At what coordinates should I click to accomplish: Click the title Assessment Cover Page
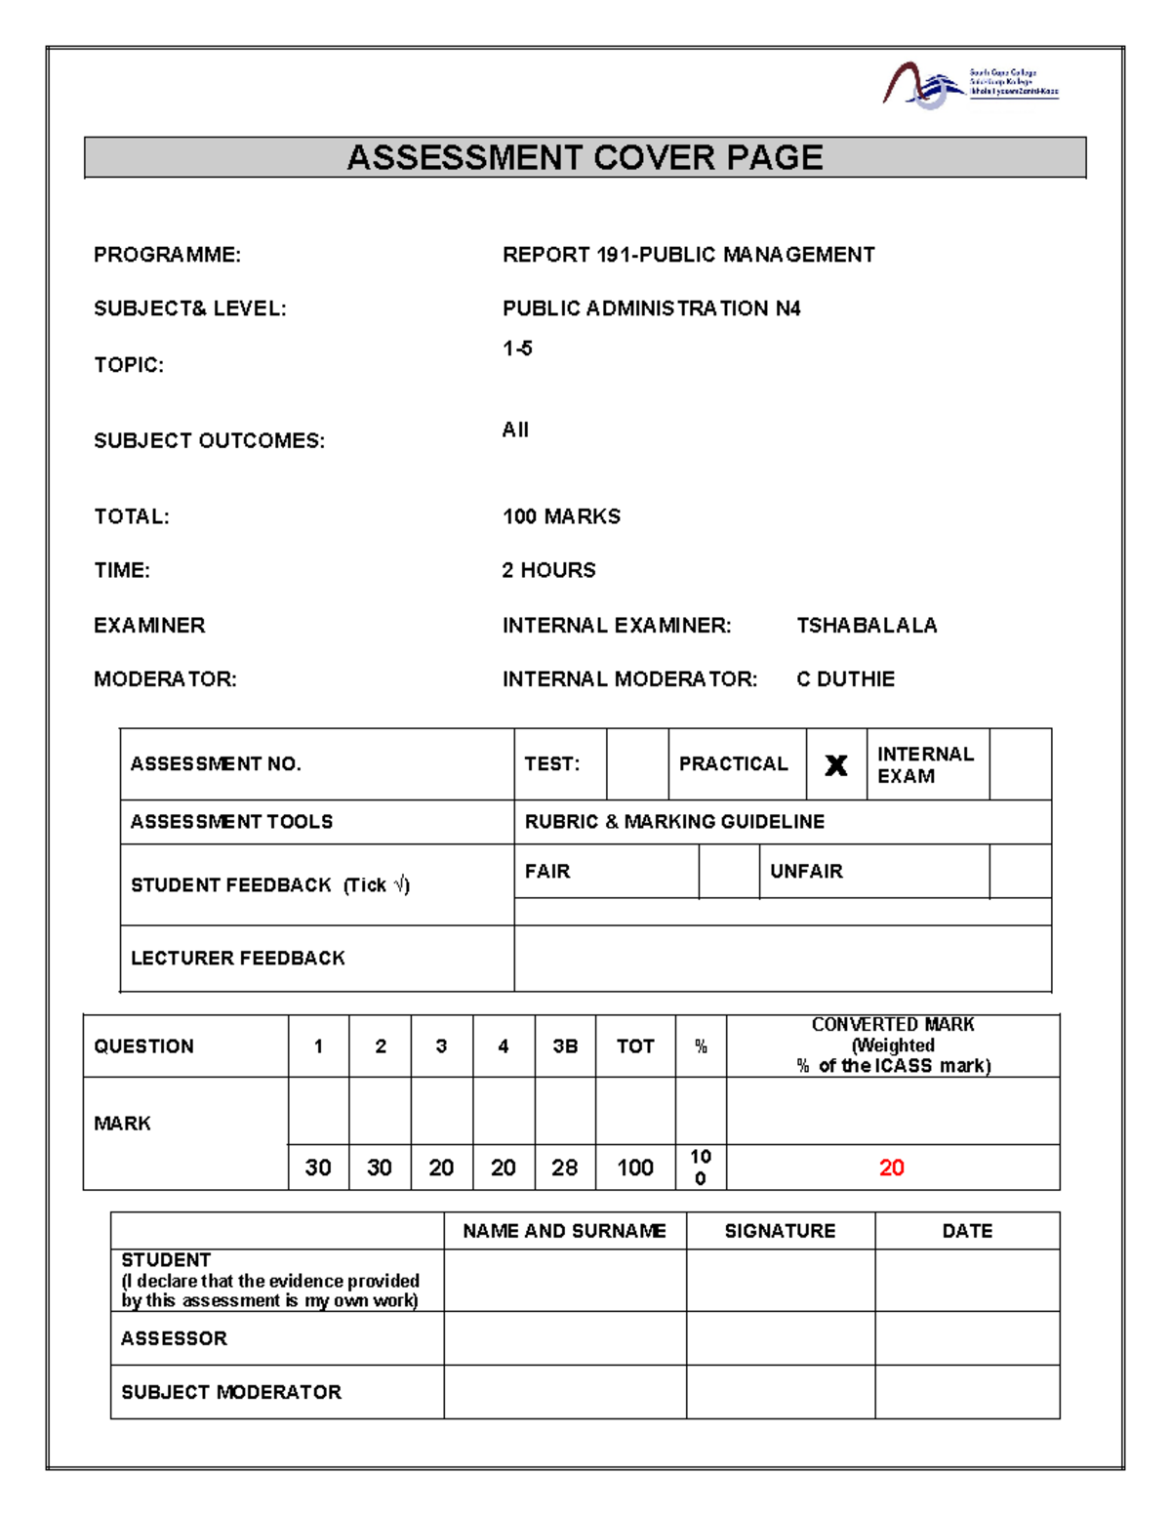point(585,158)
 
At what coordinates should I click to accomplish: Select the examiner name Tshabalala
point(867,626)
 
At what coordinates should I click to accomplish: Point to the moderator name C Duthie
point(845,679)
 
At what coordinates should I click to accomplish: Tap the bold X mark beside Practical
point(836,765)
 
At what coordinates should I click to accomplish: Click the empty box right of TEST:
point(637,764)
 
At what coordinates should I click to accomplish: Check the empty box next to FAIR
point(728,871)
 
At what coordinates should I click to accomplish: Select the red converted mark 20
point(891,1168)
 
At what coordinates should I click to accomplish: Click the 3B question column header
point(565,1046)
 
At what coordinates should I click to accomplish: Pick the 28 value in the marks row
point(564,1168)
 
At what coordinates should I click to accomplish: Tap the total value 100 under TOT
point(635,1168)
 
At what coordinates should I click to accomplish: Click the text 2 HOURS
point(548,570)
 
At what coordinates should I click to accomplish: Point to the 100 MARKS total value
point(561,516)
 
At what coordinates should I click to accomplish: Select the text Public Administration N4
point(651,308)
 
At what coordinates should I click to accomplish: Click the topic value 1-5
point(517,348)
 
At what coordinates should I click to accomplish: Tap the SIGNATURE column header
point(780,1231)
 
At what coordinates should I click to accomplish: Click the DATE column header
point(967,1231)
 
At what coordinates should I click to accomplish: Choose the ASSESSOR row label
point(174,1338)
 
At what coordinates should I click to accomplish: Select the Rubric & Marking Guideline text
point(674,822)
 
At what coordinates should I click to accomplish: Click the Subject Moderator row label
point(231,1392)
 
